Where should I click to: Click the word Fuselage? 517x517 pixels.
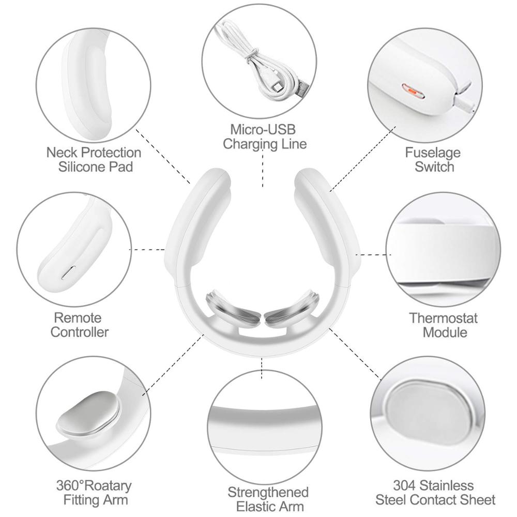(432, 153)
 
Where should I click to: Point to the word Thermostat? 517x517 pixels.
(443, 318)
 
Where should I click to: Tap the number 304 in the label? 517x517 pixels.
(405, 485)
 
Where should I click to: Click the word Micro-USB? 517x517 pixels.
(263, 130)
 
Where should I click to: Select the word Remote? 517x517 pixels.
(78, 318)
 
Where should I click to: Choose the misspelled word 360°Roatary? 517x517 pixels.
(94, 485)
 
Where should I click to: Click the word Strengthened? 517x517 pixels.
(268, 492)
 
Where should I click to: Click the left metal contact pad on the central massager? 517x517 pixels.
(233, 308)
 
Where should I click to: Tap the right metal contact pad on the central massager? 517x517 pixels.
(292, 308)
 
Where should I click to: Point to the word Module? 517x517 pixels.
(445, 332)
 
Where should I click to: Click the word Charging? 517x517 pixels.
(250, 144)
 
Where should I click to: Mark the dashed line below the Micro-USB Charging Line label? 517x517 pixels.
(263, 168)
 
